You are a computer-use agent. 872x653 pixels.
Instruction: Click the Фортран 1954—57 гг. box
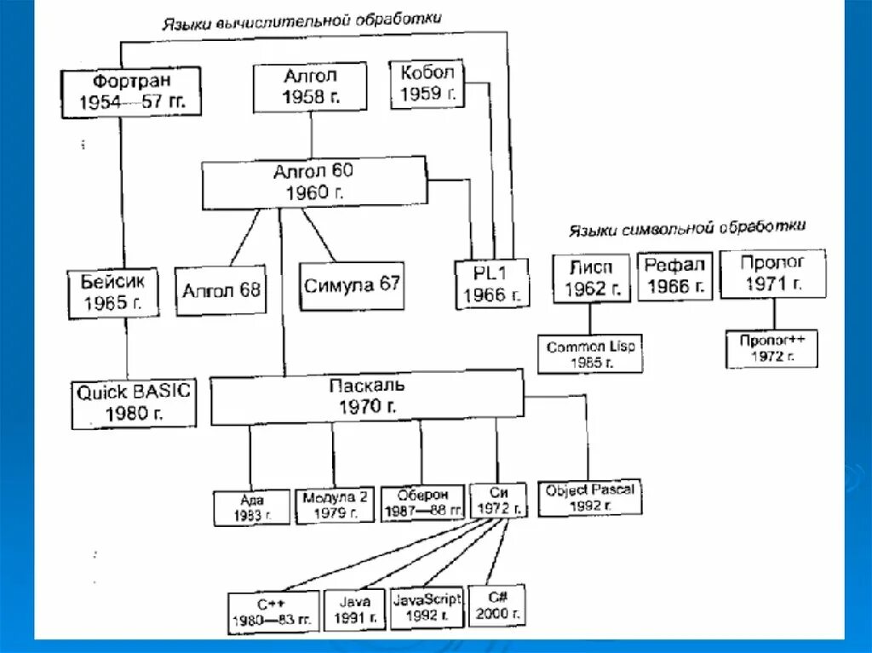tap(131, 93)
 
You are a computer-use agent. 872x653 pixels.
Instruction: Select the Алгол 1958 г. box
tap(310, 87)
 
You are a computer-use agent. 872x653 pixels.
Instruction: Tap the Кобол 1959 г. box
tap(427, 83)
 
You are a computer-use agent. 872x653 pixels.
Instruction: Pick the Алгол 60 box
tap(313, 183)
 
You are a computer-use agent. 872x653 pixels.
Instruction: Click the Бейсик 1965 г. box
tap(112, 291)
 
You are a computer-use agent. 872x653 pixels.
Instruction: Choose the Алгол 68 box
tap(221, 290)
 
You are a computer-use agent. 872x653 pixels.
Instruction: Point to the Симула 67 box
tap(352, 285)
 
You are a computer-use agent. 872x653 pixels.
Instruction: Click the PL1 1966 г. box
tap(490, 283)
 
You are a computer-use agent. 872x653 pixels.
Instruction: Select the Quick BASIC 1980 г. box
tap(134, 404)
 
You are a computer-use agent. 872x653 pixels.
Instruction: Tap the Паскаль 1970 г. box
tap(366, 397)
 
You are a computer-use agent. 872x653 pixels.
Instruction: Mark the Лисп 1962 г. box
tap(591, 278)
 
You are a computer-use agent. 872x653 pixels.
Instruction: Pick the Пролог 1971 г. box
tap(772, 273)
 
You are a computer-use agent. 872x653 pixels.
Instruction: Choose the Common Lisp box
tap(591, 353)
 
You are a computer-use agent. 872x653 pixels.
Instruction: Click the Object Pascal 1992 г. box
tap(591, 497)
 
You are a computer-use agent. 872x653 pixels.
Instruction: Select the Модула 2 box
tap(334, 504)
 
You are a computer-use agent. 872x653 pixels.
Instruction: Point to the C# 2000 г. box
tap(496, 604)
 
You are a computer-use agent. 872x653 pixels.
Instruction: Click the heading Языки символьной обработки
tap(686, 228)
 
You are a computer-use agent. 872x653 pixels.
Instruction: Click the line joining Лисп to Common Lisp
tap(590, 319)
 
